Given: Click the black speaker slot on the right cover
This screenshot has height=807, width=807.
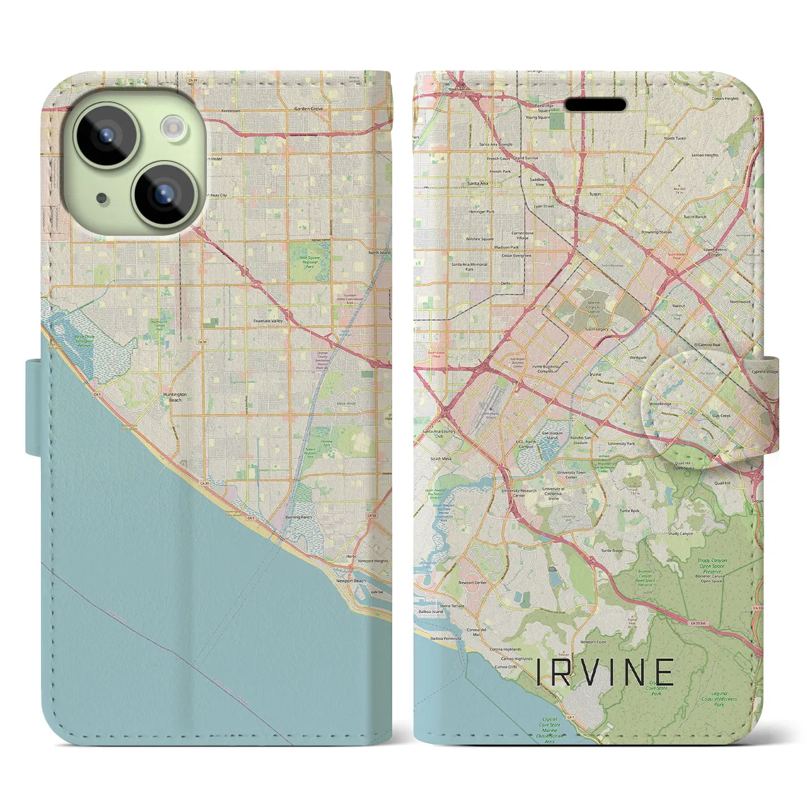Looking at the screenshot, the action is click(x=595, y=104).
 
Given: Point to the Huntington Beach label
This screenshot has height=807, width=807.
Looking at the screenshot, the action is click(x=172, y=397).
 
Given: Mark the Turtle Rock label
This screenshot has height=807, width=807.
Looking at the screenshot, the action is click(x=629, y=511).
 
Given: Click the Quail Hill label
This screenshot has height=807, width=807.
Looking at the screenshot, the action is click(x=723, y=483).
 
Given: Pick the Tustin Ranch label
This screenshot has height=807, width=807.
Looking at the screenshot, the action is click(x=695, y=217).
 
